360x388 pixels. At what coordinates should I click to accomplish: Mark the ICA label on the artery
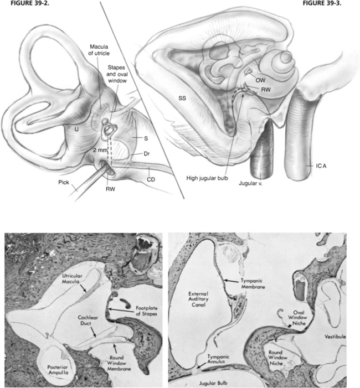tap(315, 164)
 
